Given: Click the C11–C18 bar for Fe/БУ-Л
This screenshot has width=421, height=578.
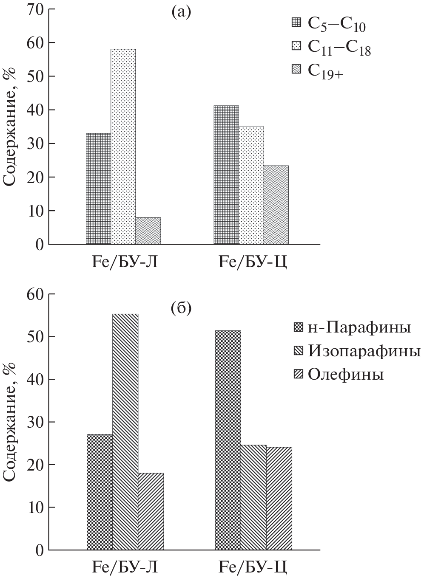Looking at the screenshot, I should click(x=123, y=147).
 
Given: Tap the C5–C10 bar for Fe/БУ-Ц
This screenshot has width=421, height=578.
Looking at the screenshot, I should click(x=226, y=175).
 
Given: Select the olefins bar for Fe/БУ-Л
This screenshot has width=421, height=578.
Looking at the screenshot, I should click(x=151, y=511).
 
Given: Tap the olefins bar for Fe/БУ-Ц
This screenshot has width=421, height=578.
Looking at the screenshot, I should click(x=279, y=499).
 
